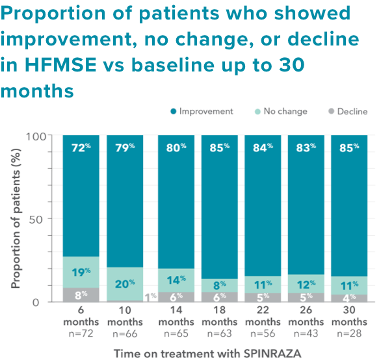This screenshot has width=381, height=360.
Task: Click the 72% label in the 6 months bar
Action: tap(81, 147)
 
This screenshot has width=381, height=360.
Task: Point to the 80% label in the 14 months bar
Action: tap(177, 147)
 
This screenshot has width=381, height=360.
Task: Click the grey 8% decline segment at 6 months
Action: tap(81, 294)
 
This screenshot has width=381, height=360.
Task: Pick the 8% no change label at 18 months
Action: tap(219, 284)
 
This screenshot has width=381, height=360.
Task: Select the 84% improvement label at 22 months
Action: tap(262, 147)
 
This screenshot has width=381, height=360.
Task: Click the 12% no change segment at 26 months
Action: tap(305, 284)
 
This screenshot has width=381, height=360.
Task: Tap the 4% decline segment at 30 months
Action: tap(348, 298)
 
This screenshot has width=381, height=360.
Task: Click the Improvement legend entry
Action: tap(201, 111)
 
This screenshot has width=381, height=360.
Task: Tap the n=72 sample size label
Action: tap(81, 333)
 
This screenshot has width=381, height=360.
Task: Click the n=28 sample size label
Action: tap(348, 333)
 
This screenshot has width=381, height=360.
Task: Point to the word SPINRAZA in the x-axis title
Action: tap(270, 353)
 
